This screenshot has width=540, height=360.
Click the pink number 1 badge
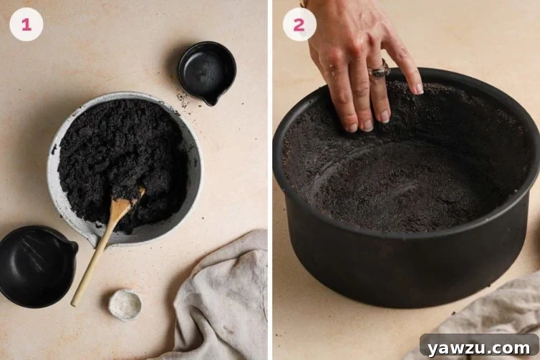(26, 24)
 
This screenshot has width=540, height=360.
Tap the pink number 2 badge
(299, 24)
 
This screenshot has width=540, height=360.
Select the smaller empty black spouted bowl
(206, 72)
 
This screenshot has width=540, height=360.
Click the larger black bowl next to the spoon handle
(36, 264)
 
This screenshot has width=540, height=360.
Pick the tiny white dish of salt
(125, 304)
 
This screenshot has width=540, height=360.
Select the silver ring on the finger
(378, 71)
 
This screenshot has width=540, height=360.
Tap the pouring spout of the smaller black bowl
(211, 101)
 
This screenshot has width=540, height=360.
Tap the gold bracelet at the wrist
(304, 4)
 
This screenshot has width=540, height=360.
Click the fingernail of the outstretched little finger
(418, 88)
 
